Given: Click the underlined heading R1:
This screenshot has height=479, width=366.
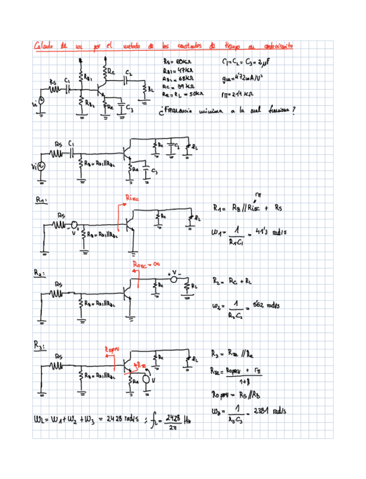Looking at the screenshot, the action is (41, 199).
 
